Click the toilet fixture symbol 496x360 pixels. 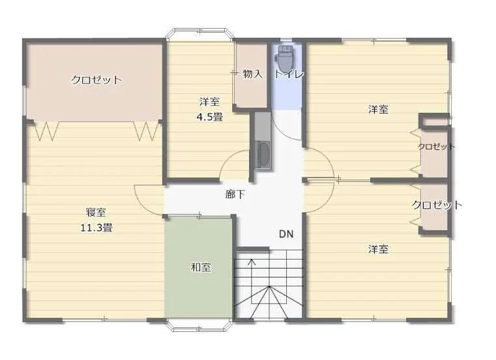[x=284, y=58]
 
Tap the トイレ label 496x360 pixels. [x=289, y=74]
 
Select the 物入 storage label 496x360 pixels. [x=253, y=74]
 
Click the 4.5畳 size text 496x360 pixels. [x=209, y=117]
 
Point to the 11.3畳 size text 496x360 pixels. [x=96, y=228]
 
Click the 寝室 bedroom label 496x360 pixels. [x=96, y=212]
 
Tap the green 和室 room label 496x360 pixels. [x=201, y=267]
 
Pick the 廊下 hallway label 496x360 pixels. [x=235, y=194]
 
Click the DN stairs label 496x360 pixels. [x=286, y=234]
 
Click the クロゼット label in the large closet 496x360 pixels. [x=96, y=80]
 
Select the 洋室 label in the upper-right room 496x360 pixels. [x=378, y=109]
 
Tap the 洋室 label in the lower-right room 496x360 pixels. [x=378, y=249]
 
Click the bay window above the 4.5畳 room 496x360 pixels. [x=200, y=35]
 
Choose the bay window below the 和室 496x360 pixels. [x=200, y=325]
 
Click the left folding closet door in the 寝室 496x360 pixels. [x=46, y=130]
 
